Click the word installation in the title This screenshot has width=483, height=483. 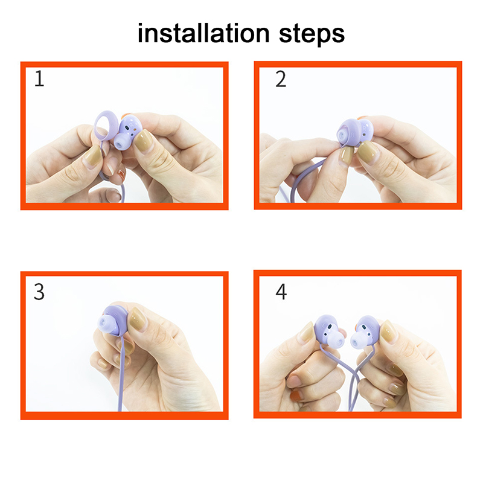(203, 33)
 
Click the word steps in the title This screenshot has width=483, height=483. (312, 35)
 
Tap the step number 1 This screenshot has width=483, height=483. (39, 79)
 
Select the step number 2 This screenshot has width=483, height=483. (281, 79)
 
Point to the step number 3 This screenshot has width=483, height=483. (39, 292)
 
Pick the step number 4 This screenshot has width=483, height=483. (281, 292)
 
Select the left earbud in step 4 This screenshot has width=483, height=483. (329, 331)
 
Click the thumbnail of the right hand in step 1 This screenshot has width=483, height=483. (144, 140)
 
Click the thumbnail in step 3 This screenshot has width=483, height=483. (138, 319)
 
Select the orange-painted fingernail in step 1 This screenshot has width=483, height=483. (122, 175)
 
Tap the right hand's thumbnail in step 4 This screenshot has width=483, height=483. (388, 332)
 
